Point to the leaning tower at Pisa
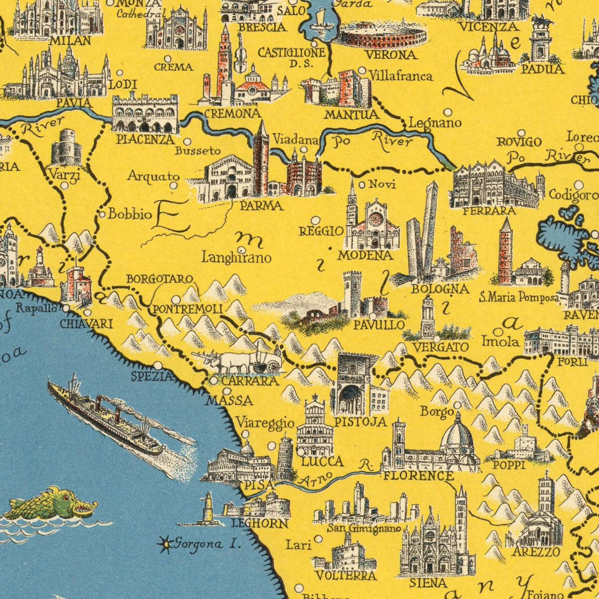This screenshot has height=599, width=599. [x=285, y=458]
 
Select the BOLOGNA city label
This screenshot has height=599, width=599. [x=439, y=288]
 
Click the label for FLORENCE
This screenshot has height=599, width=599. [x=418, y=476]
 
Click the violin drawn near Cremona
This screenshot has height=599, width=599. [x=240, y=55]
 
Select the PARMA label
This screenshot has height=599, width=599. [x=261, y=206]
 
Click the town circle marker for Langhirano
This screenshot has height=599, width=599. [x=241, y=250]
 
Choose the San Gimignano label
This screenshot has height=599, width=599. [x=364, y=528]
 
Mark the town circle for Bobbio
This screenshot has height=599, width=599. [x=102, y=214]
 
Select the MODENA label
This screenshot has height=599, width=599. [x=365, y=255]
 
